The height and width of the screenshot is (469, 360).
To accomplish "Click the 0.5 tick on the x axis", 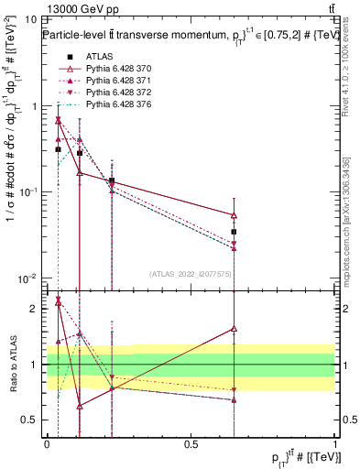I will [191, 443].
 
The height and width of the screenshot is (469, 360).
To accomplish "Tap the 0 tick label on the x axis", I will [47, 443].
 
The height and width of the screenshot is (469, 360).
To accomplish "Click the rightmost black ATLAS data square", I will [235, 232].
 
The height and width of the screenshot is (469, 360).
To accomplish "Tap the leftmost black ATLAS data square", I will [59, 149].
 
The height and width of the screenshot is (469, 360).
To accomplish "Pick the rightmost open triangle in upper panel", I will [235, 215].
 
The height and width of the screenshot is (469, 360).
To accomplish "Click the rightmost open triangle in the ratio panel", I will [235, 328].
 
